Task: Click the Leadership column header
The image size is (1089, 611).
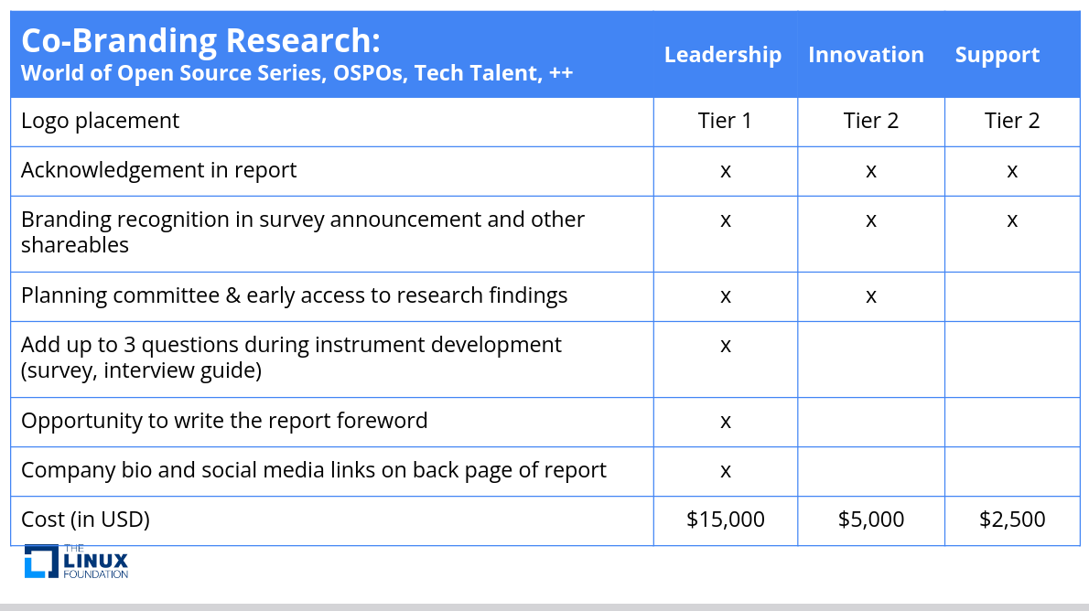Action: pos(722,55)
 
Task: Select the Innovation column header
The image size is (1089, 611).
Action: pos(866,55)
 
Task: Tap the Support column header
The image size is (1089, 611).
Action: pos(997,55)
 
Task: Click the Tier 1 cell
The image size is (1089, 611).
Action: pos(725,121)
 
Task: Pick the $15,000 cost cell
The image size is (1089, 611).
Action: pos(725,520)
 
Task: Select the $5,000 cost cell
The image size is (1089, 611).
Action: pos(871,520)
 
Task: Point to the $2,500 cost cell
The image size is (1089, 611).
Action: pos(1012,520)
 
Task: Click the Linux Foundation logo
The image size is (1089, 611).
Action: pos(76,561)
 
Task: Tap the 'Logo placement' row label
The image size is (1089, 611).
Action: pos(100,121)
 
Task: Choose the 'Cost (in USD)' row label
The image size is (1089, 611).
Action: pos(85,520)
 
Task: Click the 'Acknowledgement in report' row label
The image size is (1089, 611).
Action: pos(158,170)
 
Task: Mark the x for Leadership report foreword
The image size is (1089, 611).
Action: pos(726,422)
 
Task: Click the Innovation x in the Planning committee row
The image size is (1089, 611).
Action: pos(871,296)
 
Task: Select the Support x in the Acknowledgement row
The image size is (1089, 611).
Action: pos(1012,171)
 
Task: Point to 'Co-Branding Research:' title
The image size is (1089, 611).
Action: pos(200,40)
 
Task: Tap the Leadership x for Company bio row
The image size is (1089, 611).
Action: pos(726,471)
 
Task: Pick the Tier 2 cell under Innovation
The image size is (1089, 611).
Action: pos(871,121)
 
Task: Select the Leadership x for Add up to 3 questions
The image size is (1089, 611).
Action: pos(726,346)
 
